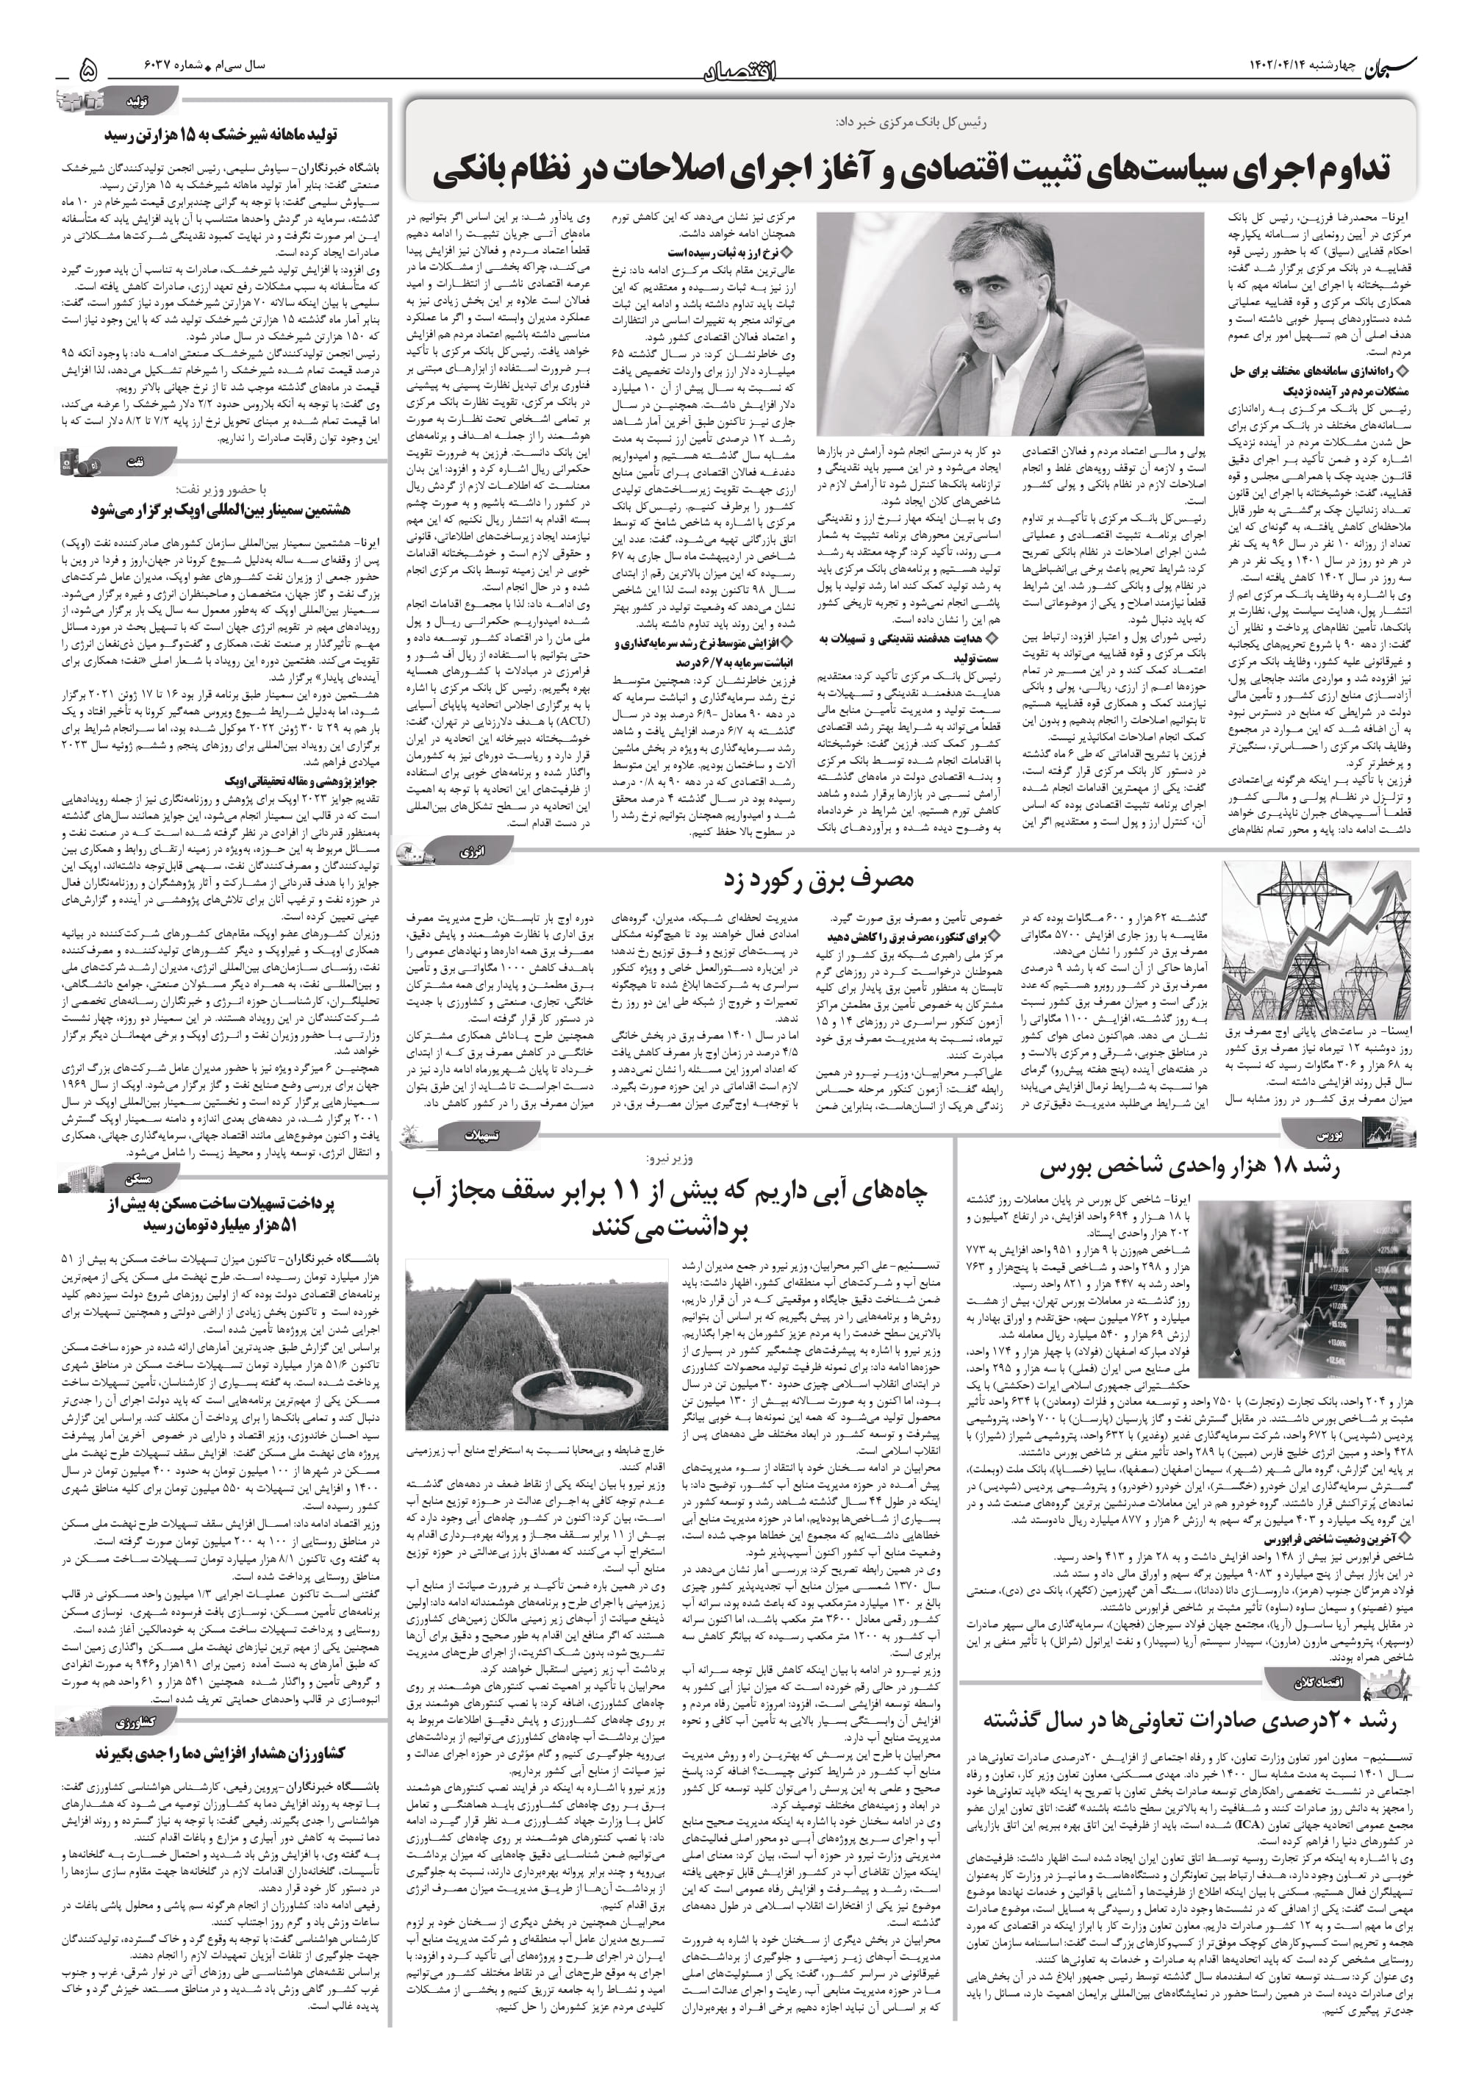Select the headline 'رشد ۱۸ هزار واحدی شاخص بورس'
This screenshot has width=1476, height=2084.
[x=1190, y=1168]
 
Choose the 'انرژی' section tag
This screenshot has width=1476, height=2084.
[x=472, y=851]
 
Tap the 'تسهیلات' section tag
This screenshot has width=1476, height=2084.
[x=481, y=1135]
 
